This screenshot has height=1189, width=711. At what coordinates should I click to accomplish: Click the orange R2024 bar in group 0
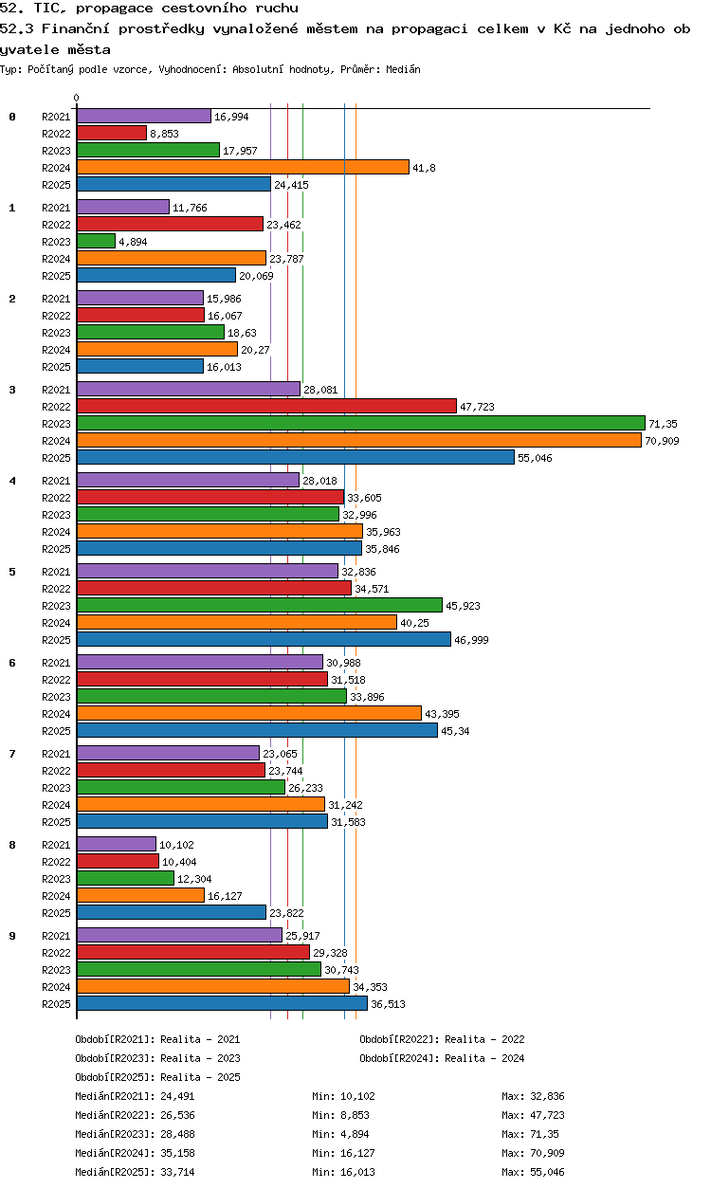click(x=243, y=167)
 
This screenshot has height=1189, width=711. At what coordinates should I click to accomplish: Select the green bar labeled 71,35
click(x=361, y=423)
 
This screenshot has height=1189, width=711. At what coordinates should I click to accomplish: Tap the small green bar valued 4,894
click(x=96, y=241)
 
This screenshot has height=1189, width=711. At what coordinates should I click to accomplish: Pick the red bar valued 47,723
click(x=267, y=406)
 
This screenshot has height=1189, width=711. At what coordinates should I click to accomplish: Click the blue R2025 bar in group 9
click(x=223, y=1003)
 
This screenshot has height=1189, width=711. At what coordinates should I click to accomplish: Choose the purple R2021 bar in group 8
click(x=117, y=844)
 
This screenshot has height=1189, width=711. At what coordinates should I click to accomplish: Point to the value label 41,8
click(x=424, y=168)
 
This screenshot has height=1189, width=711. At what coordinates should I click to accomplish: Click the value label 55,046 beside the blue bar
click(x=535, y=458)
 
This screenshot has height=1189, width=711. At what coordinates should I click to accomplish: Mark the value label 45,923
click(x=463, y=606)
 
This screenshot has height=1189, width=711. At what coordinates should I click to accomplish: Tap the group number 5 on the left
click(x=12, y=572)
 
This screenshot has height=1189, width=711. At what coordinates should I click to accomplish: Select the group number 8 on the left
click(x=12, y=845)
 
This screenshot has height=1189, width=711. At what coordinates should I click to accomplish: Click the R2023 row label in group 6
click(x=56, y=697)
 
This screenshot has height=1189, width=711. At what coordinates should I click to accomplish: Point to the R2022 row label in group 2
click(x=56, y=316)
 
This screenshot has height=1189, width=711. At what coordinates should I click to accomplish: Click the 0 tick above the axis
click(x=77, y=98)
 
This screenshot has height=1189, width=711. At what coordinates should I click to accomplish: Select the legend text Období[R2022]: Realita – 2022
click(x=442, y=1039)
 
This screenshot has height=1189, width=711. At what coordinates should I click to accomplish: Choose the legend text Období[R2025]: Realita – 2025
click(x=157, y=1077)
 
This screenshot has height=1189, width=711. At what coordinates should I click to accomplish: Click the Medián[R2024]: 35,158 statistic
click(x=135, y=1153)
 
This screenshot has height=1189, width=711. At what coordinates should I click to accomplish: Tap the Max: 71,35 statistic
click(x=530, y=1134)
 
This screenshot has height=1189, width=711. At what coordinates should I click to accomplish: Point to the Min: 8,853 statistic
click(x=340, y=1115)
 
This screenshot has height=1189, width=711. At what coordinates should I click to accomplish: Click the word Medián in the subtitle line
click(x=403, y=69)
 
